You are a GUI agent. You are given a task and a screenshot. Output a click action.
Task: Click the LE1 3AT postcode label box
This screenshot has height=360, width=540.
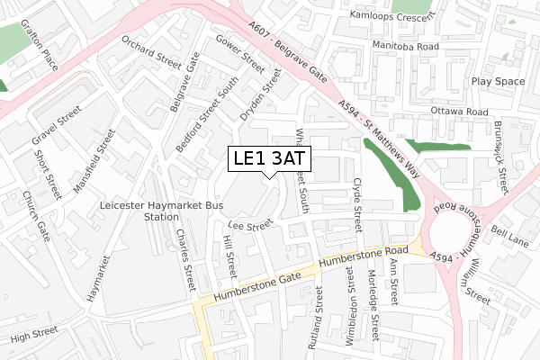269,158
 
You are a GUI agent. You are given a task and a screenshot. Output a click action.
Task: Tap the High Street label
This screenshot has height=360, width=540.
33,337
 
